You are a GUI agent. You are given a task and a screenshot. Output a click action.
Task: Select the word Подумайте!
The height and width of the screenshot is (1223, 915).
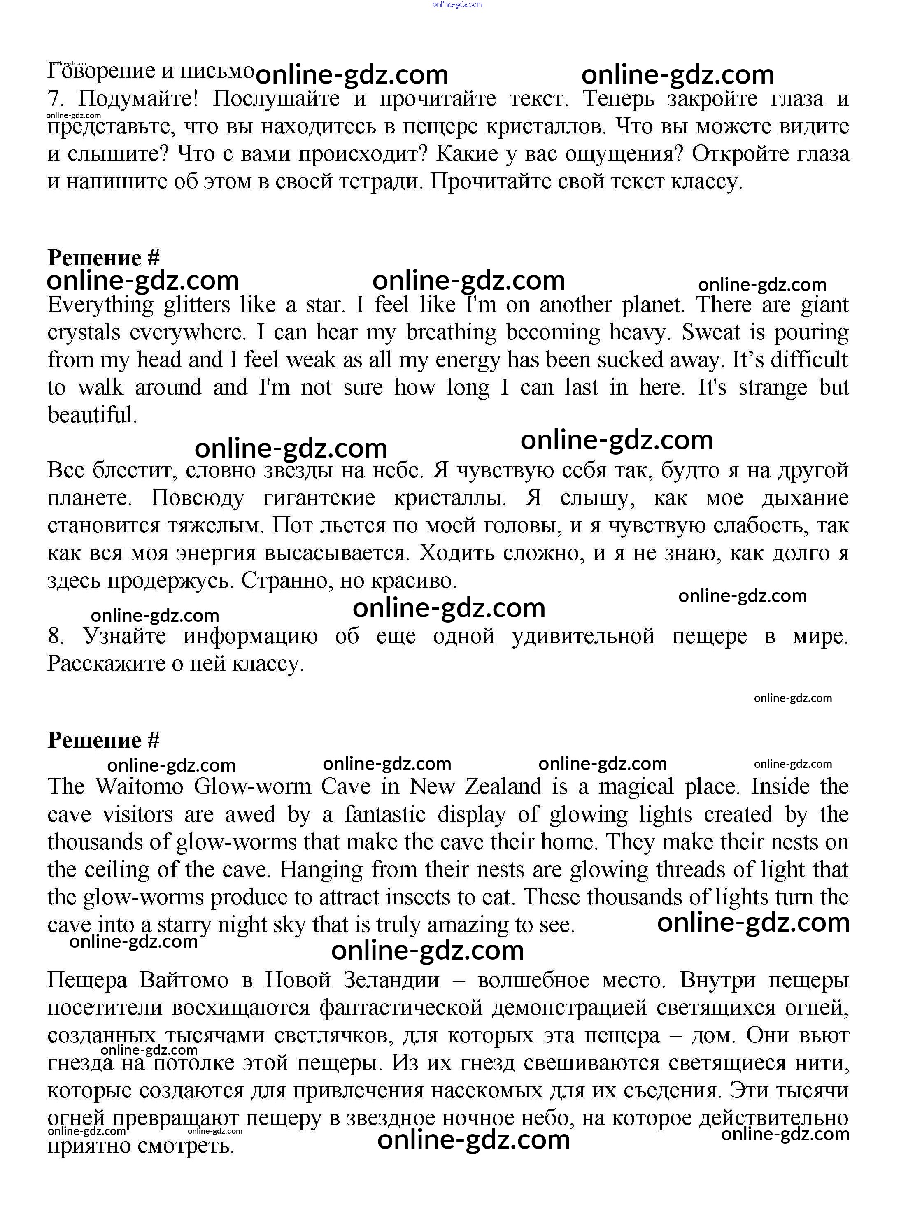coord(137,99)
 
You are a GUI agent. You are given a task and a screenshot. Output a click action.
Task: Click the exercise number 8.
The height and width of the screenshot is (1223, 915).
coord(55,636)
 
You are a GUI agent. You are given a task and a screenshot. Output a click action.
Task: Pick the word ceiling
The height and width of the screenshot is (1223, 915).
coord(116,869)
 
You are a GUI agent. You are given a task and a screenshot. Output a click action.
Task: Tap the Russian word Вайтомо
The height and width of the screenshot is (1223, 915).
coord(184,980)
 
